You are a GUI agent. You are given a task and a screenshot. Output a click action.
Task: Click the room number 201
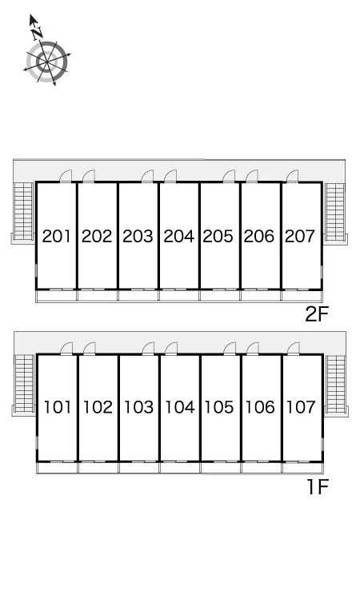(57, 236)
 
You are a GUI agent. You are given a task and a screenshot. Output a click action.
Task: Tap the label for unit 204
(178, 236)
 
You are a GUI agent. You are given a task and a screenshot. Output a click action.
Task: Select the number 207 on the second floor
(300, 236)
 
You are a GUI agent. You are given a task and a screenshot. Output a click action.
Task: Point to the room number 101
(58, 407)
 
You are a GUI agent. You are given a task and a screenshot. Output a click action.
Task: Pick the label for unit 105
(219, 407)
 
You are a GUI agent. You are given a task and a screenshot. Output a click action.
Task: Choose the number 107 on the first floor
(301, 407)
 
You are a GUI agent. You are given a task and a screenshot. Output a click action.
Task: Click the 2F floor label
(317, 314)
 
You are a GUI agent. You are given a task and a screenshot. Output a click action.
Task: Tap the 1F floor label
(318, 486)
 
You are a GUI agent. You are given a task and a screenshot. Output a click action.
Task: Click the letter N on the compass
(38, 33)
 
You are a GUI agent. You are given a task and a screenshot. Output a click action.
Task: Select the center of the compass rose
(47, 62)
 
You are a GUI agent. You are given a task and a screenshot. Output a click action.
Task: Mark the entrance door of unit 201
(66, 176)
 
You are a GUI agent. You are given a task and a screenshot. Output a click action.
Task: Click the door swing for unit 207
(292, 176)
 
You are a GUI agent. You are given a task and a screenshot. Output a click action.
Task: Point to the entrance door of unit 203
(147, 176)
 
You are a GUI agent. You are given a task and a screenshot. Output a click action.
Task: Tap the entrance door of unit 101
(66, 349)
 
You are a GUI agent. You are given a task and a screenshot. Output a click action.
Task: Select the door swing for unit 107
(293, 349)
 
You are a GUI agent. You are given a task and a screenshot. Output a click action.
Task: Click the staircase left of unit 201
(23, 211)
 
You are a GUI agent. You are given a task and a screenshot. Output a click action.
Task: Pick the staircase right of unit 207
(335, 212)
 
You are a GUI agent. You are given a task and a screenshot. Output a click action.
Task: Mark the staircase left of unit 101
(24, 383)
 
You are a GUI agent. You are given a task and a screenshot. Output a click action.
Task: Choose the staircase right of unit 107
(336, 384)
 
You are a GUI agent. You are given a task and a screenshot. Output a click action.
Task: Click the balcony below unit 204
(179, 296)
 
